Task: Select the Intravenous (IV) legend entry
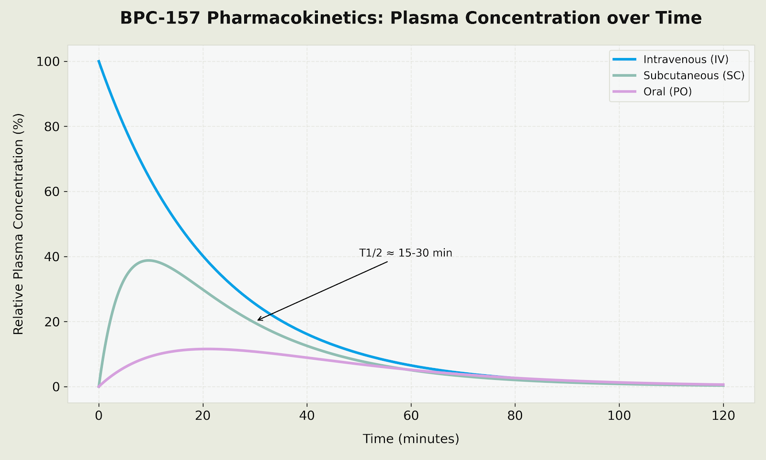686,59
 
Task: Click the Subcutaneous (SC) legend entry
694,76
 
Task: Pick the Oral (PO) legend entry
667,92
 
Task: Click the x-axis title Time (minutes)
411,439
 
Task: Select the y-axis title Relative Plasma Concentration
18,224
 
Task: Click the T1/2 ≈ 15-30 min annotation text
406,253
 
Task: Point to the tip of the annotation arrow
257,321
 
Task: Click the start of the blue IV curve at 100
99,61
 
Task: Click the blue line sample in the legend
624,59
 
